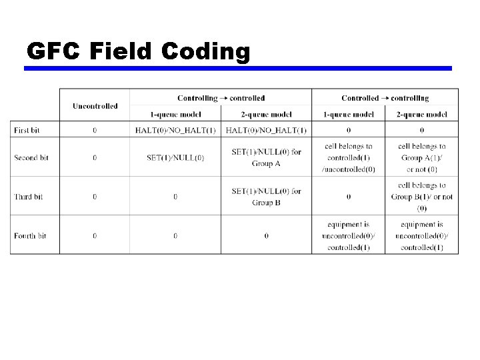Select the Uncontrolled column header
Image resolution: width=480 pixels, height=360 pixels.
[x=95, y=105]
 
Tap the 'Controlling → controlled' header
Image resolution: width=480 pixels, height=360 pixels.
[x=221, y=98]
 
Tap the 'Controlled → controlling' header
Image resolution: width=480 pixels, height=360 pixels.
[x=385, y=98]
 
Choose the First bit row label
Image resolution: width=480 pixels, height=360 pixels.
[x=29, y=130]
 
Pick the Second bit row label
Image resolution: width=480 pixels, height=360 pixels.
[x=33, y=158]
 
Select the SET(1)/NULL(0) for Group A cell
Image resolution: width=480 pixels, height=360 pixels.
[x=266, y=157]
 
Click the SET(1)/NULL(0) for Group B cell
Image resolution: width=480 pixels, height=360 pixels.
[x=266, y=197]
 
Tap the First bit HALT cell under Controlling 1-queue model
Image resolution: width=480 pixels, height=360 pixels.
[x=175, y=130]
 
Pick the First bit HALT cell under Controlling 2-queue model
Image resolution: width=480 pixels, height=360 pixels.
[x=266, y=130]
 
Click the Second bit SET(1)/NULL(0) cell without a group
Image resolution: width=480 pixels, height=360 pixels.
[x=175, y=158]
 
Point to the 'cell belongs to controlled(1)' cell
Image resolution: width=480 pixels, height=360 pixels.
[x=348, y=157]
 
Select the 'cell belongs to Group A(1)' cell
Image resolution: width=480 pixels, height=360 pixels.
[x=422, y=157]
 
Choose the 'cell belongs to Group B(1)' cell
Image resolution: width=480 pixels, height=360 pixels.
[x=422, y=197]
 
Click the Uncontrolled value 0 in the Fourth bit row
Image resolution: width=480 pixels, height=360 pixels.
[x=95, y=236]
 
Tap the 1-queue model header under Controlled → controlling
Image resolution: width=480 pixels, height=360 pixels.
[x=348, y=114]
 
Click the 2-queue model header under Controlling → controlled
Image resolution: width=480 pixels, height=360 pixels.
[x=266, y=114]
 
